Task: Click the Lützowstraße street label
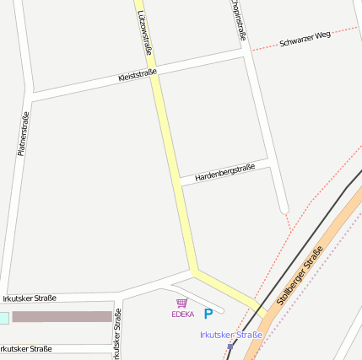[x=145, y=33]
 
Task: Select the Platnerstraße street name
[x=23, y=134]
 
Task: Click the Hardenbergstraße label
[x=224, y=174]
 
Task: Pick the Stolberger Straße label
[x=300, y=278]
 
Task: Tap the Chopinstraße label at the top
[x=239, y=19]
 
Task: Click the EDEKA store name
[x=182, y=314]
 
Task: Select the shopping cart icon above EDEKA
[x=181, y=303]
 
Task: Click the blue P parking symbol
[x=208, y=314]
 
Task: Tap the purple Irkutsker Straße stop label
[x=230, y=335]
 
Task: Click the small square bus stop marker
[x=230, y=346]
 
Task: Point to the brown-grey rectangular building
[x=62, y=316]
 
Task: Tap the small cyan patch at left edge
[x=3, y=317]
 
